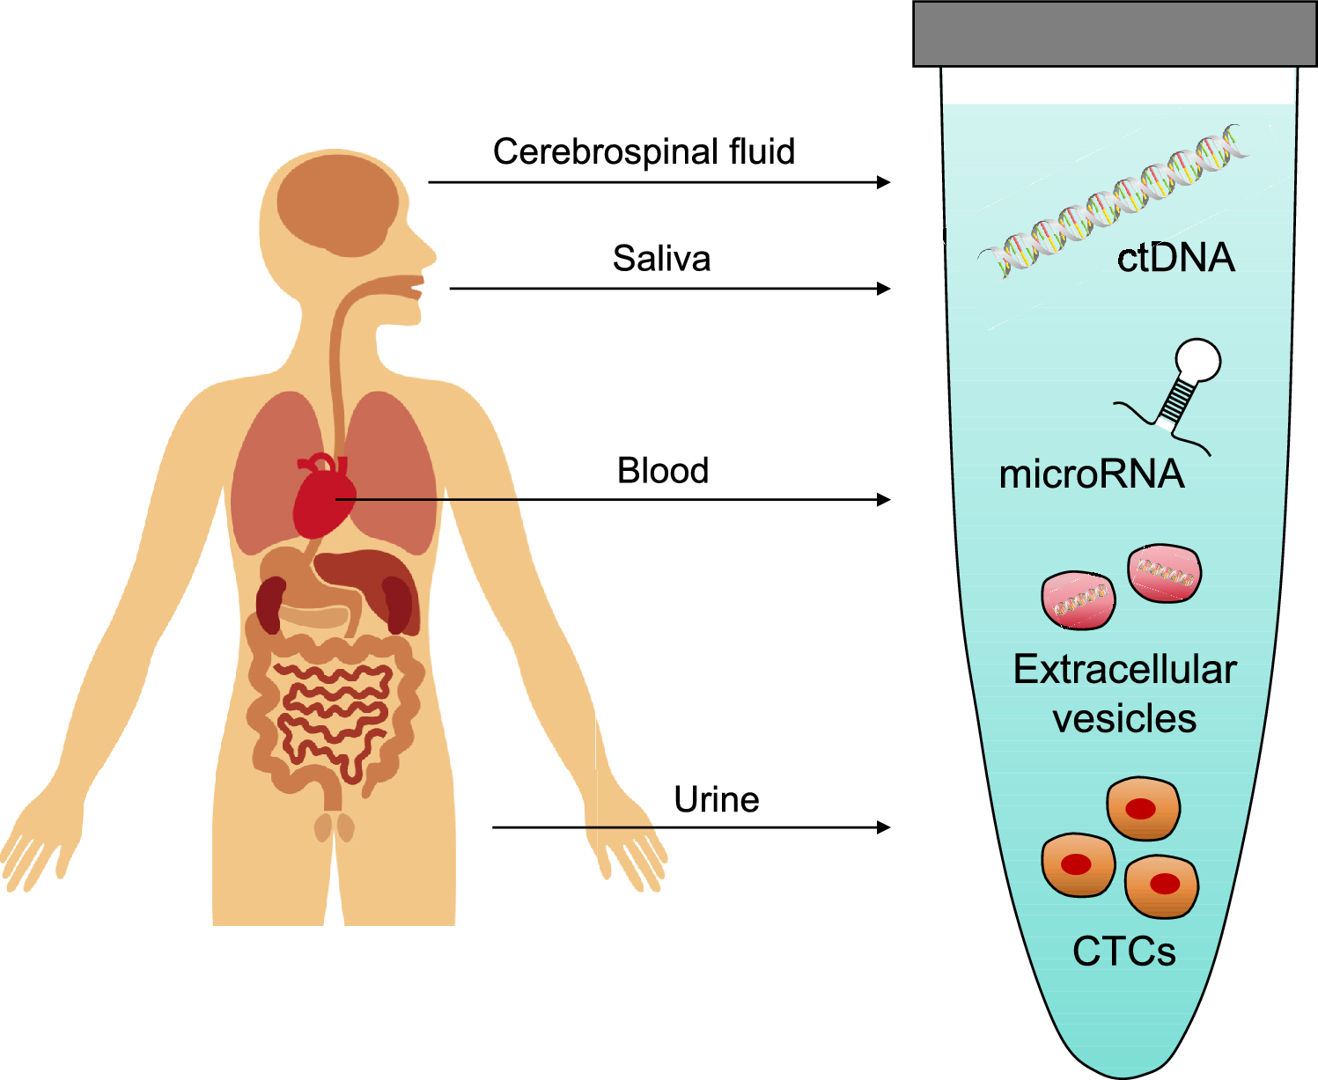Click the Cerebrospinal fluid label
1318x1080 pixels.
(644, 151)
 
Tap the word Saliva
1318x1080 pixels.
(661, 259)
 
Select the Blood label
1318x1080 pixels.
(663, 471)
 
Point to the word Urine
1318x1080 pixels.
(717, 799)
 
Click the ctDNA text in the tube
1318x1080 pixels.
(1176, 258)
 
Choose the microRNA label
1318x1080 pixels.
(1092, 474)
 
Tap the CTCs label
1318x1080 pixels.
(1124, 951)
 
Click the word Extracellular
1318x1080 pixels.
(1125, 670)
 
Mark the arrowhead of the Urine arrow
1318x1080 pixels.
(884, 827)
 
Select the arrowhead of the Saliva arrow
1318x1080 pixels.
(884, 289)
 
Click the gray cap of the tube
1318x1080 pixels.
(1115, 33)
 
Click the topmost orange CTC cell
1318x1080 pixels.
(1143, 808)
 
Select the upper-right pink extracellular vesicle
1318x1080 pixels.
(1164, 573)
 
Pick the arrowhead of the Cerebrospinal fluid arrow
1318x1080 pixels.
(884, 182)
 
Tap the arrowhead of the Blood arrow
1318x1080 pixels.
(884, 500)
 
